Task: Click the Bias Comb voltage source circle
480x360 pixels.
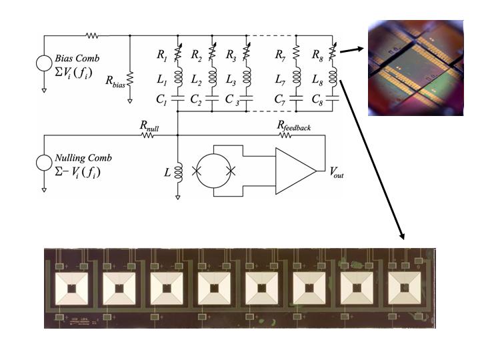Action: [44, 63]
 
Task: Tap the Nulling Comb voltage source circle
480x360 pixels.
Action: [44, 163]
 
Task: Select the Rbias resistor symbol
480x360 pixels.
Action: [130, 79]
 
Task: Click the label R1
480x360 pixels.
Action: [162, 55]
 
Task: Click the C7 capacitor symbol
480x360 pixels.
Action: [296, 98]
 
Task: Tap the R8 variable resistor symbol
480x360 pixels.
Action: [333, 53]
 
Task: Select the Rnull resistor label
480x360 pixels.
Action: [149, 126]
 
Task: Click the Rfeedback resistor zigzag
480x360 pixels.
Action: [285, 135]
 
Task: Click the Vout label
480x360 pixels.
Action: [337, 173]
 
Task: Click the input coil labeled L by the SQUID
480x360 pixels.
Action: [178, 171]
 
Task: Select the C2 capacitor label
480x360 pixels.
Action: [196, 100]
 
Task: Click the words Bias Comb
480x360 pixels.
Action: [77, 58]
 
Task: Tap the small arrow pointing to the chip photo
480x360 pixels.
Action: [352, 50]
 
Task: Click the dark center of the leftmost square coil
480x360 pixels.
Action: [71, 289]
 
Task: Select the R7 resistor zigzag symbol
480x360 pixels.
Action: [296, 52]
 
